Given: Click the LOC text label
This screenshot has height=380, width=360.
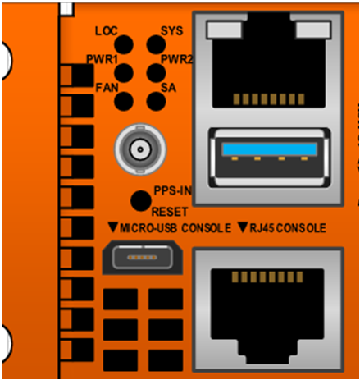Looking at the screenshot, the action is [x=107, y=31].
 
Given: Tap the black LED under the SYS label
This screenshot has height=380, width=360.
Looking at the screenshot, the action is [x=156, y=44].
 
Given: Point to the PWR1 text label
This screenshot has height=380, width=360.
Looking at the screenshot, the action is [x=102, y=59].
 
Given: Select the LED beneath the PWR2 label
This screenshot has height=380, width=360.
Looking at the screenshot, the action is [x=156, y=73].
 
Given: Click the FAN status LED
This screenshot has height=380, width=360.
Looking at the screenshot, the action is [x=124, y=102].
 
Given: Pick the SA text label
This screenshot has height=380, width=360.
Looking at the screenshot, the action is [x=168, y=88].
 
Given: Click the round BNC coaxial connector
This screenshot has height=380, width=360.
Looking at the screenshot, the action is [x=140, y=149].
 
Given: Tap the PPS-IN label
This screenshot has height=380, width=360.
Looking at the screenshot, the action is [x=173, y=190].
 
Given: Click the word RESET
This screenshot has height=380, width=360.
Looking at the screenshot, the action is [x=170, y=212].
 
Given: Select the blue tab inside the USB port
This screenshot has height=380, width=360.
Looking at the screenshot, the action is [x=270, y=149].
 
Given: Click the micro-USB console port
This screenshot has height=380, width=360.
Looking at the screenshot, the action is [x=143, y=258].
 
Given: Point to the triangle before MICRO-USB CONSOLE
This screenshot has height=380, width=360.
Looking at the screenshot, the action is [x=113, y=227].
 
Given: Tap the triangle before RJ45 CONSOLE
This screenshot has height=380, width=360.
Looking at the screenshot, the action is [x=243, y=227].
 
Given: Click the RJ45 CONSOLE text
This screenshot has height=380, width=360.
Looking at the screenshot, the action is [x=288, y=228].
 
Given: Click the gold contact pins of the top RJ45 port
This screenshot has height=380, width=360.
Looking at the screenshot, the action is [x=269, y=99].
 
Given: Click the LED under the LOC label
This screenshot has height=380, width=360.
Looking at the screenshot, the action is [x=124, y=44].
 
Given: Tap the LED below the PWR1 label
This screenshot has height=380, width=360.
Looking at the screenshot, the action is [x=124, y=73].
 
